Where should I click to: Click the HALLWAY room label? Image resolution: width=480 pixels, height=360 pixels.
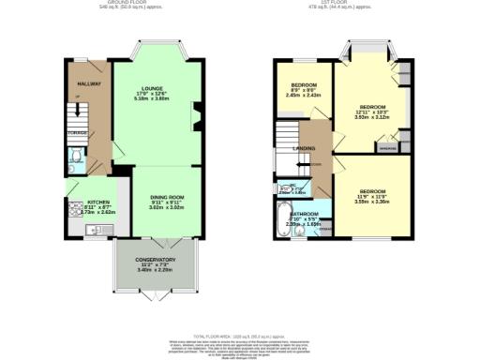pos(88,84)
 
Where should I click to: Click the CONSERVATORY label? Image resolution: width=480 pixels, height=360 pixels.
pos(155,260)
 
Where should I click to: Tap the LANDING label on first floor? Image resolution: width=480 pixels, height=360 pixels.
pos(303,148)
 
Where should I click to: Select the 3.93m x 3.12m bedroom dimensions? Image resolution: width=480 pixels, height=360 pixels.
pos(374,117)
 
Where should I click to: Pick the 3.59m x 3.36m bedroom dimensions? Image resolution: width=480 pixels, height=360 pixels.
pos(371,201)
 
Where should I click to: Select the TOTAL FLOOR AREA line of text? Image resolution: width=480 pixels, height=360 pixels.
pos(240,335)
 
